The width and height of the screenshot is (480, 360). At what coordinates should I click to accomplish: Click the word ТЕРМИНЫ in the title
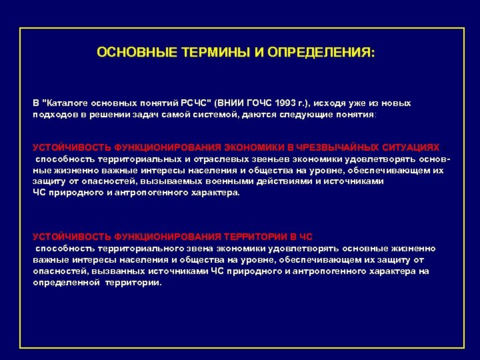pyautogui.click(x=213, y=52)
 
